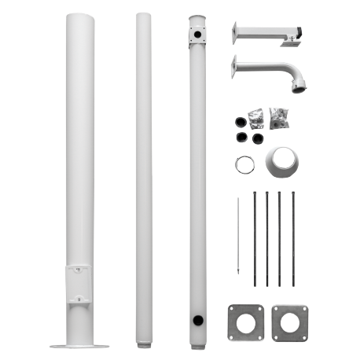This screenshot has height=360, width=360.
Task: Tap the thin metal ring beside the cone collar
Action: pos(243,165)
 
